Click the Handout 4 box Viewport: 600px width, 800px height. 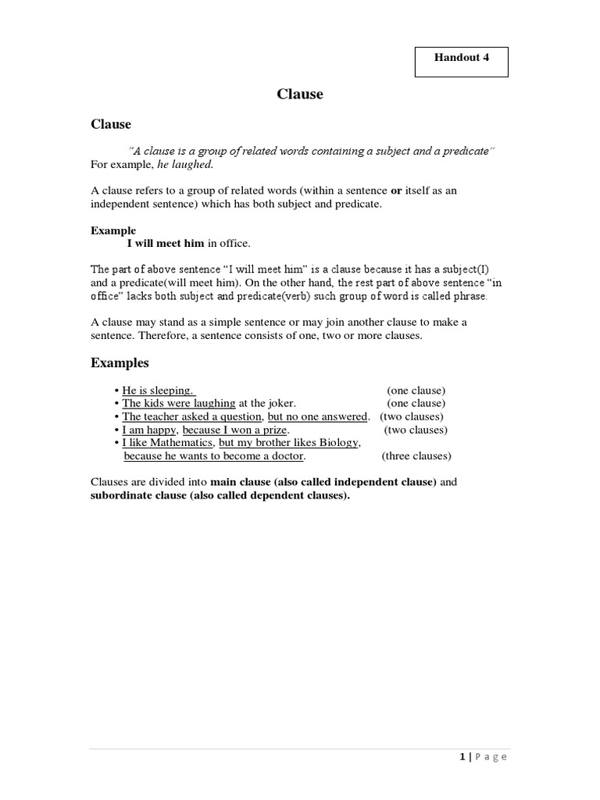point(461,62)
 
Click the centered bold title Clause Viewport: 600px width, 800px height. point(299,95)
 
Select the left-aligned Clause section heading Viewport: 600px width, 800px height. point(111,124)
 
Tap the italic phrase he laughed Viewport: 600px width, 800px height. point(184,165)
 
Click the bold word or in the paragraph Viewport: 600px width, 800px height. point(396,191)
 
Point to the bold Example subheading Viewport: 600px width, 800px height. point(113,230)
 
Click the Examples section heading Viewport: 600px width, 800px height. point(120,362)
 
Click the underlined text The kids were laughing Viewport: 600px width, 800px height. point(179,403)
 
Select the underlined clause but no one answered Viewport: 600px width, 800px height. point(317,416)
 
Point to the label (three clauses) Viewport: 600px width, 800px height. point(416,456)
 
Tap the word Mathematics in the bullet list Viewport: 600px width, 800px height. point(179,443)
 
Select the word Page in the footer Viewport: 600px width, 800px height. point(491,756)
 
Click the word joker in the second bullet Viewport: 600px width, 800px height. point(280,403)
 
